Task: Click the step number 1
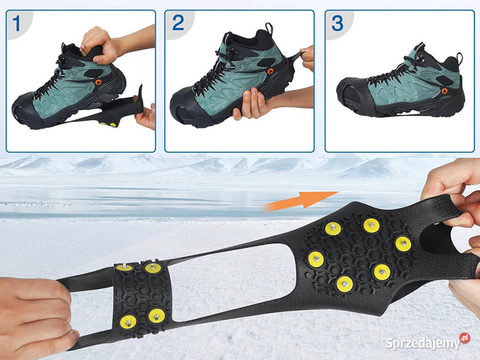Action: tap(16, 23)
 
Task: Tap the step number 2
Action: tap(178, 22)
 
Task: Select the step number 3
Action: tap(337, 23)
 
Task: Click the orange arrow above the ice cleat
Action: tap(301, 200)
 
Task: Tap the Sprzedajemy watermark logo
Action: tap(427, 342)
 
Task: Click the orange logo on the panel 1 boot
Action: tap(98, 82)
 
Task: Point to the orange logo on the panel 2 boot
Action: tap(270, 71)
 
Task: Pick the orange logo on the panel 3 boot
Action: tap(444, 90)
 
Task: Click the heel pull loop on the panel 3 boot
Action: tap(459, 58)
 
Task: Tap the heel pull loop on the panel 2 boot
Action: tap(269, 28)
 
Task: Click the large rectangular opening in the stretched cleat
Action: tap(232, 282)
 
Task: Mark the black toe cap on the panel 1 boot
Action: tap(27, 108)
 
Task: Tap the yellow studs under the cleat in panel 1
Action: tap(108, 124)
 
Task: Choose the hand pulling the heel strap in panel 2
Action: tap(307, 57)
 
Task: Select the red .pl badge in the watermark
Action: tap(464, 338)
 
